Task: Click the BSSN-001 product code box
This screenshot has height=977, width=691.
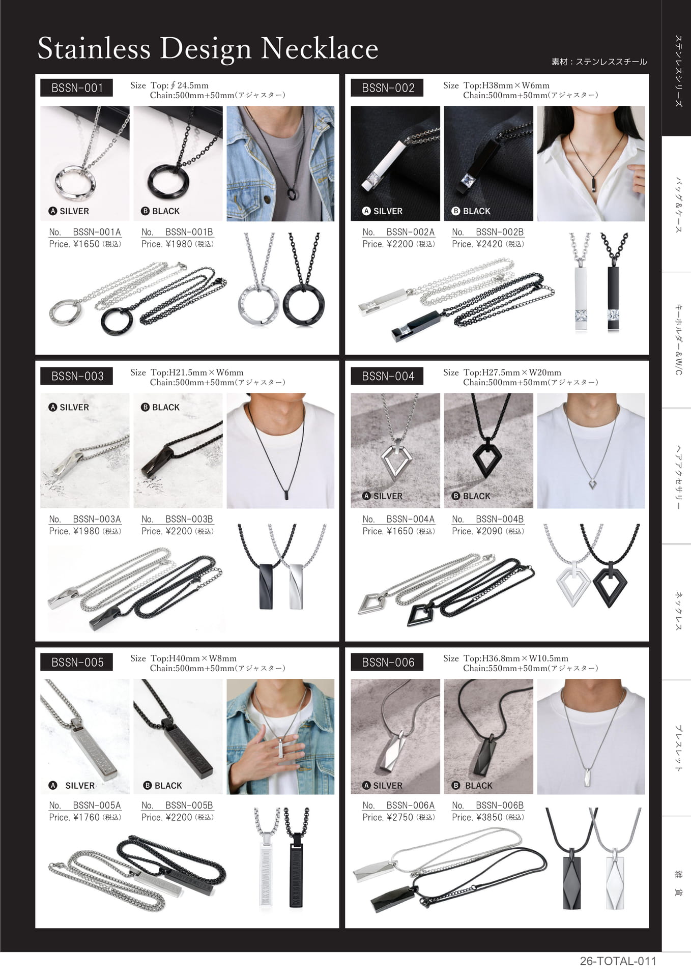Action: (x=76, y=88)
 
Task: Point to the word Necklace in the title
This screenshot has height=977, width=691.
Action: (x=320, y=49)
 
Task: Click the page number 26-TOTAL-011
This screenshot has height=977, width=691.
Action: (x=618, y=961)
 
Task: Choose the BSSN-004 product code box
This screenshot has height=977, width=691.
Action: (x=387, y=376)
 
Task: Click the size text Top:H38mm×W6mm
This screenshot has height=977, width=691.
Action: (x=507, y=85)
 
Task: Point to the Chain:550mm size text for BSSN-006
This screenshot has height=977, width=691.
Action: (x=530, y=668)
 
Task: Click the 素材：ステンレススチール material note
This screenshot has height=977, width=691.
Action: (x=599, y=62)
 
